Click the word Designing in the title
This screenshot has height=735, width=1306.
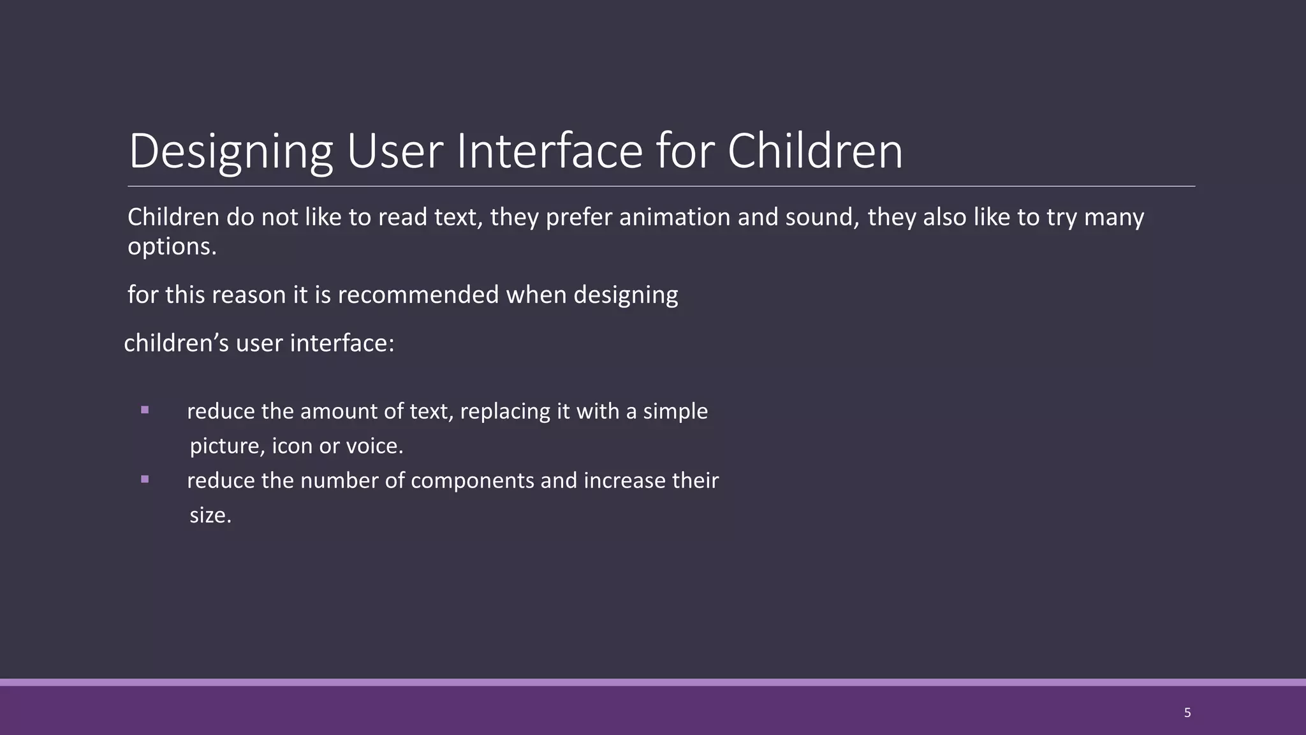(230, 152)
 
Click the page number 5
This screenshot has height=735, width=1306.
(1187, 713)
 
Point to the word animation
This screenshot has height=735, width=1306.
(675, 218)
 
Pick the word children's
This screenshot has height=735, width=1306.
(176, 343)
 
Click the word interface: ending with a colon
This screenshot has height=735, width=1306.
(342, 343)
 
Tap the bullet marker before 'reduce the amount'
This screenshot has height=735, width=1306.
(145, 410)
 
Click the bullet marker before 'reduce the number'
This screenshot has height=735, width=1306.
(145, 479)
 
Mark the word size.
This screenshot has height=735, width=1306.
(210, 516)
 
